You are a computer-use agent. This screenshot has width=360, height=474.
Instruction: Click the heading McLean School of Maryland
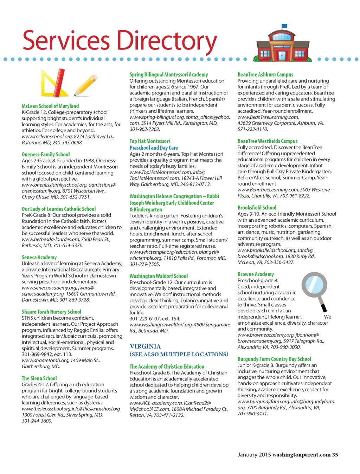tap(50, 106)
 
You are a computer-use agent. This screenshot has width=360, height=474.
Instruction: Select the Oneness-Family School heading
tap(46, 155)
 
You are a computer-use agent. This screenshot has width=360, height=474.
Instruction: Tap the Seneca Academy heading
tap(39, 258)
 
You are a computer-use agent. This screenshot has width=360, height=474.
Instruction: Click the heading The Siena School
tap(39, 378)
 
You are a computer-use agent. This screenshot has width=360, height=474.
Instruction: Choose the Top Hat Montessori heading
tap(150, 141)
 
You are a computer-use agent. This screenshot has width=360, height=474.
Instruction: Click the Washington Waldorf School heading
tap(159, 276)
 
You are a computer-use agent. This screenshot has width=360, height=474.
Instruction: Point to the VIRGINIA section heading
tap(145, 346)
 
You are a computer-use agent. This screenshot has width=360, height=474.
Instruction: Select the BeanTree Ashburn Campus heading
tap(265, 74)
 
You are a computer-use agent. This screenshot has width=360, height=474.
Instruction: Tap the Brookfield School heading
tap(257, 208)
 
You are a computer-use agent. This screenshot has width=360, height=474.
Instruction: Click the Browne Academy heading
tap(256, 274)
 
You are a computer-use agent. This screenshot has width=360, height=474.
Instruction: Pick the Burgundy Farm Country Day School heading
tap(274, 359)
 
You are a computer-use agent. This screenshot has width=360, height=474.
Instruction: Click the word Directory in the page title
tap(167, 41)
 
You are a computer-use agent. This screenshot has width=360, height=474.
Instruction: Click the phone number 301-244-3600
tap(37, 421)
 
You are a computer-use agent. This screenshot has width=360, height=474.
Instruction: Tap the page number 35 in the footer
tap(335, 455)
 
